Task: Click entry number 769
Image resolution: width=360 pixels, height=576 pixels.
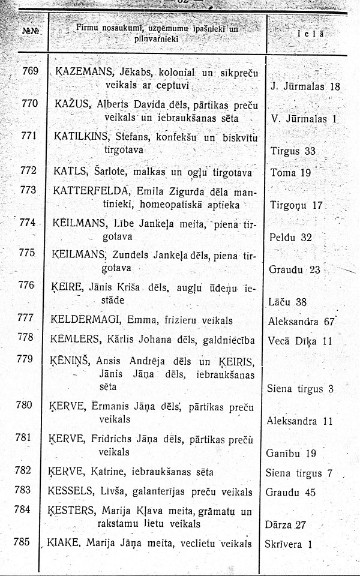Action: [x=29, y=71]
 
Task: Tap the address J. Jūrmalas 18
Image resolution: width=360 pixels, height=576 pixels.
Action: [x=305, y=86]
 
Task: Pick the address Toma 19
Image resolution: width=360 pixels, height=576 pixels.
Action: [x=290, y=173]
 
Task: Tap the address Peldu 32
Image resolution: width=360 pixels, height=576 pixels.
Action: [x=291, y=237]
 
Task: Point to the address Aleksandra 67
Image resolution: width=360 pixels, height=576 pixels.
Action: [x=301, y=322]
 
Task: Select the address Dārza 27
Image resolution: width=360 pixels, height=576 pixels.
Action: [x=285, y=525]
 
